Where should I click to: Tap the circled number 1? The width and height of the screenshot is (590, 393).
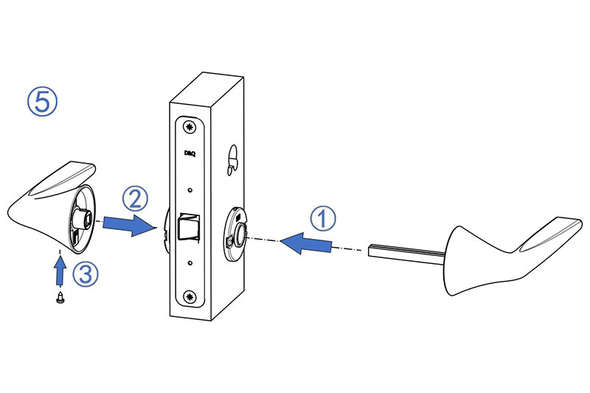click(322, 218)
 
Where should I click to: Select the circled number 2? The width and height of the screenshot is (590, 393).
click(135, 198)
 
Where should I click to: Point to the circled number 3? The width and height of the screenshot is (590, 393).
click(86, 274)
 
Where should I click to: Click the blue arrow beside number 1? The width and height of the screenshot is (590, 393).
click(305, 243)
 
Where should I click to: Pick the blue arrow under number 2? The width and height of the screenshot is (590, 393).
click(129, 225)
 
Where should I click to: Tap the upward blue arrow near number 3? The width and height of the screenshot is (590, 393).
click(60, 270)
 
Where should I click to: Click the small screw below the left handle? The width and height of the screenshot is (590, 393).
click(60, 297)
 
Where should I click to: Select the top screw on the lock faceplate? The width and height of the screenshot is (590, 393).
click(190, 127)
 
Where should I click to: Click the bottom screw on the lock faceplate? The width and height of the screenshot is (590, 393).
click(190, 297)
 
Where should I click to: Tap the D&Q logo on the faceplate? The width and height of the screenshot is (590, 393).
click(190, 153)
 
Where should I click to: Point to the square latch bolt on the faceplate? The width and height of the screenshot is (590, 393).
click(189, 226)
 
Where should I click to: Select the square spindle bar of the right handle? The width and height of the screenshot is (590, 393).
click(407, 254)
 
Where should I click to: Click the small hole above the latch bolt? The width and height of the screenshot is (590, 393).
click(190, 190)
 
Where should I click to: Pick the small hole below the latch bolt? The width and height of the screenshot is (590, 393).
click(190, 263)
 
